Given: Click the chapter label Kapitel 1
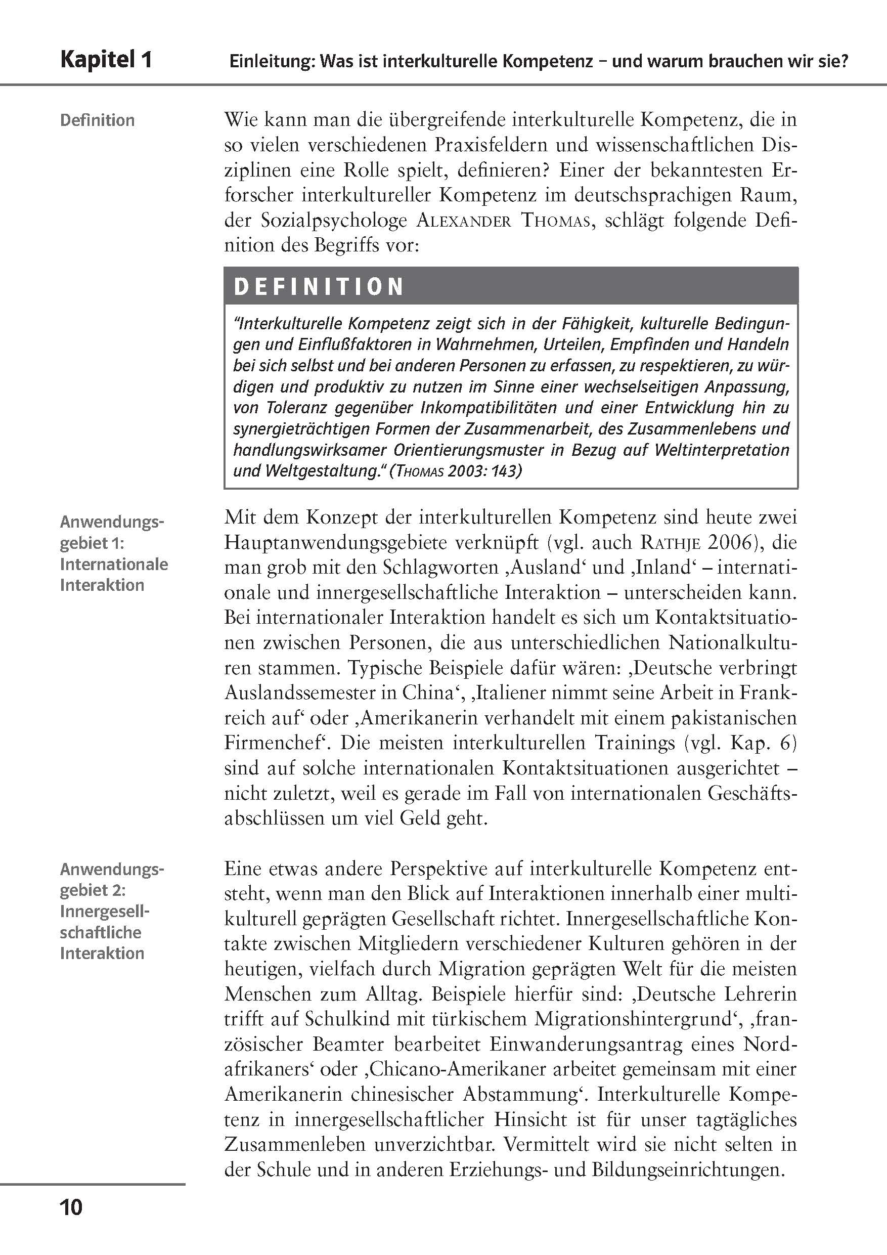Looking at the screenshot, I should coord(106,60).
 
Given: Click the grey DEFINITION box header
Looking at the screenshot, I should coord(510,286).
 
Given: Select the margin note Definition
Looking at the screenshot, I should coord(97,120).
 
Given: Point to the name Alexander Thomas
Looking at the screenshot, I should coord(503,221).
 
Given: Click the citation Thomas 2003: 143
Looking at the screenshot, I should coord(455,470).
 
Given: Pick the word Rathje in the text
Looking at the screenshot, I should coord(670,543).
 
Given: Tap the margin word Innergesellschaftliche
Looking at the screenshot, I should coord(104,922).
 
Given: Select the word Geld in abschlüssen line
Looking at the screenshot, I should coord(426,819).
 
